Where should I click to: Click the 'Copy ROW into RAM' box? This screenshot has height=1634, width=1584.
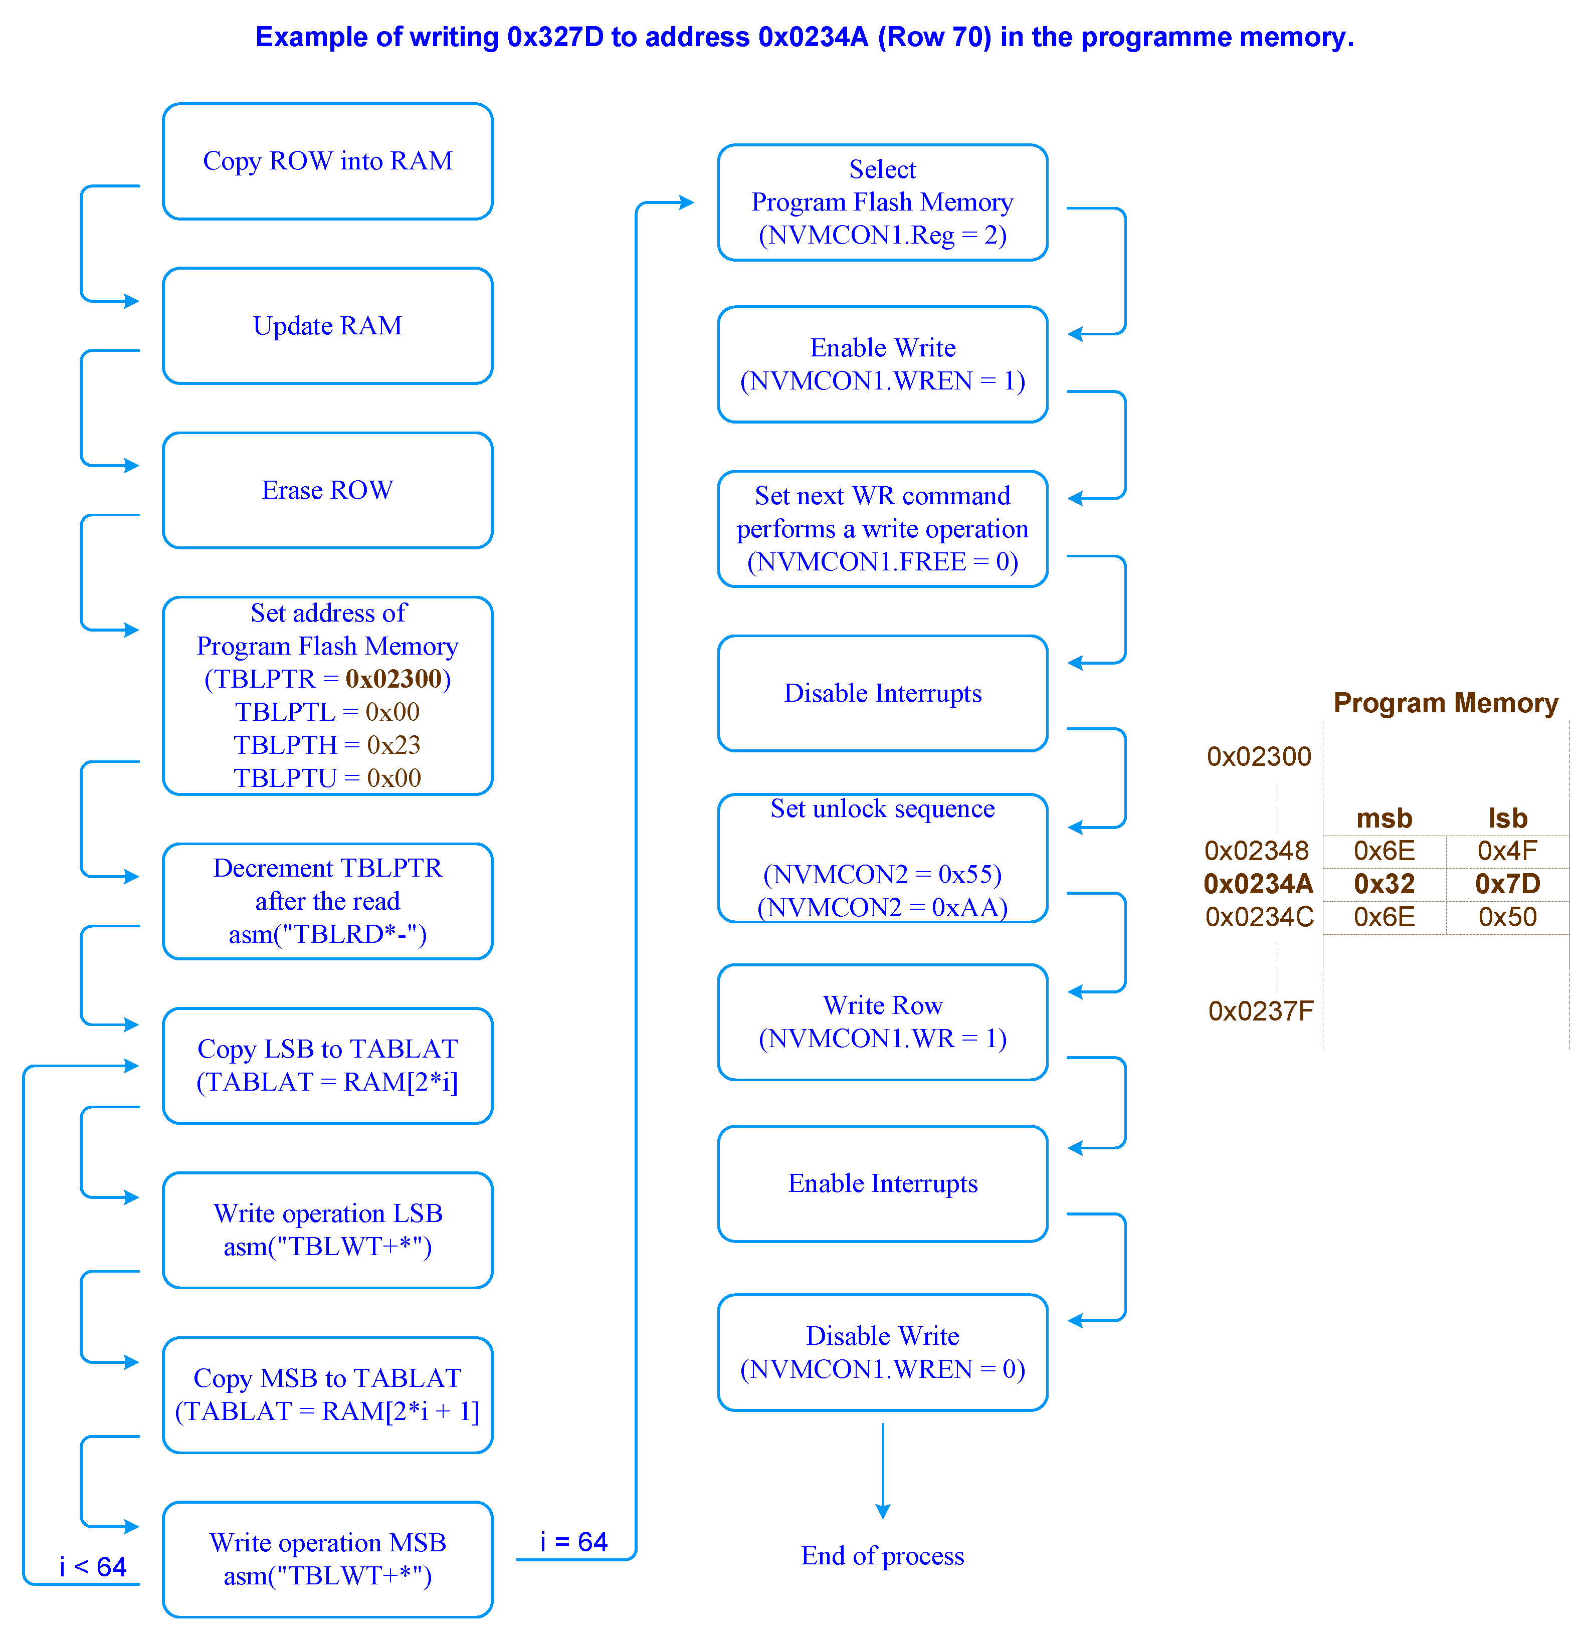(328, 161)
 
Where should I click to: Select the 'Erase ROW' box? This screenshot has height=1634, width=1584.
(328, 490)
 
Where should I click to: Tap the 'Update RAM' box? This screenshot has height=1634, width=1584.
(328, 326)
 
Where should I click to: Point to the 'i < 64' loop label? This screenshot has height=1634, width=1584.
(93, 1567)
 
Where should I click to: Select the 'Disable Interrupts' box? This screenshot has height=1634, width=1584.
(883, 694)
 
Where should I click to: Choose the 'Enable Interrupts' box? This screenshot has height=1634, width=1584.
(883, 1184)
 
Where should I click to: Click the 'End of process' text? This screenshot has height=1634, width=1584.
(883, 1556)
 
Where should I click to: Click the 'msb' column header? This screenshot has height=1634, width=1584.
(1384, 819)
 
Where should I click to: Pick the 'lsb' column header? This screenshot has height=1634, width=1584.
(1507, 819)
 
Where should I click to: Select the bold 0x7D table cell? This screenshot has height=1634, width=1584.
(1507, 884)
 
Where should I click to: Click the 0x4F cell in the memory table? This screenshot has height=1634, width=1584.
(1507, 851)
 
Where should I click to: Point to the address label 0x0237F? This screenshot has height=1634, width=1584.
(1261, 1011)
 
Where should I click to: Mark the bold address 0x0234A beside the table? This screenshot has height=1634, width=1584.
(1258, 884)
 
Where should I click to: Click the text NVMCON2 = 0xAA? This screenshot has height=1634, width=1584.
(883, 908)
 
